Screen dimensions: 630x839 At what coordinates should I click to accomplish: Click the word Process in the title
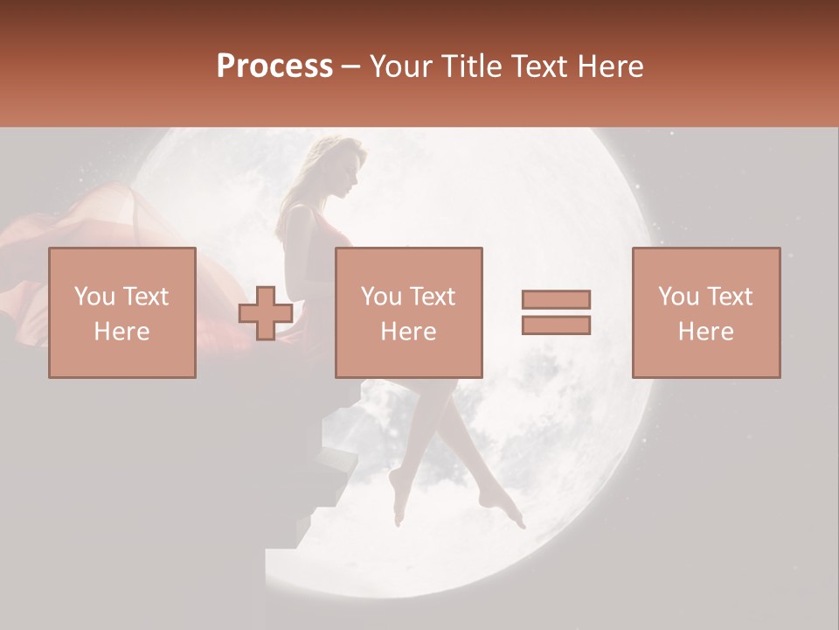pyautogui.click(x=274, y=66)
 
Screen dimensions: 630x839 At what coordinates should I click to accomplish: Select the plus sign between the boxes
pyautogui.click(x=266, y=313)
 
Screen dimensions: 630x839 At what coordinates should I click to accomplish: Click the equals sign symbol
pyautogui.click(x=556, y=312)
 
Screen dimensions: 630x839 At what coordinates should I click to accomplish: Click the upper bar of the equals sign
pyautogui.click(x=556, y=299)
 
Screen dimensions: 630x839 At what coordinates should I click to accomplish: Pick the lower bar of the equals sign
pyautogui.click(x=556, y=325)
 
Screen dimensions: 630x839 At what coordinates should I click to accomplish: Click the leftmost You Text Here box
pyautogui.click(x=122, y=312)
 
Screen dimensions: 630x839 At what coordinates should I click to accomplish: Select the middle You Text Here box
pyautogui.click(x=409, y=312)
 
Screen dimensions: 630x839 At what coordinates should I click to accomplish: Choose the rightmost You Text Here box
pyautogui.click(x=706, y=312)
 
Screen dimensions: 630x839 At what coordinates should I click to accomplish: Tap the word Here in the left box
pyautogui.click(x=122, y=332)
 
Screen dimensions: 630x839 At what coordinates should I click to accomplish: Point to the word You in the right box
pyautogui.click(x=678, y=297)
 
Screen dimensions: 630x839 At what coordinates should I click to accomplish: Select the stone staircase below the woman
pyautogui.click(x=328, y=472)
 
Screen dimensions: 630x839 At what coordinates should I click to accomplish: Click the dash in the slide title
pyautogui.click(x=351, y=66)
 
